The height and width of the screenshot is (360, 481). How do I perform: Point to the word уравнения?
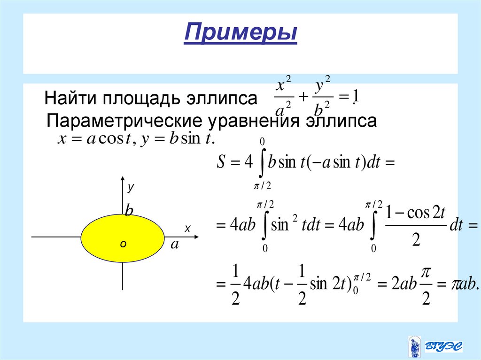[x=253, y=121]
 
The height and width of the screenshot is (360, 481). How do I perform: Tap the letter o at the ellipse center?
[x=123, y=244]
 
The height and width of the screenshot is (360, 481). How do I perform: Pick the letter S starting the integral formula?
[x=222, y=163]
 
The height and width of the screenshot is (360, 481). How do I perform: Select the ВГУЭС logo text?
[x=443, y=346]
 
